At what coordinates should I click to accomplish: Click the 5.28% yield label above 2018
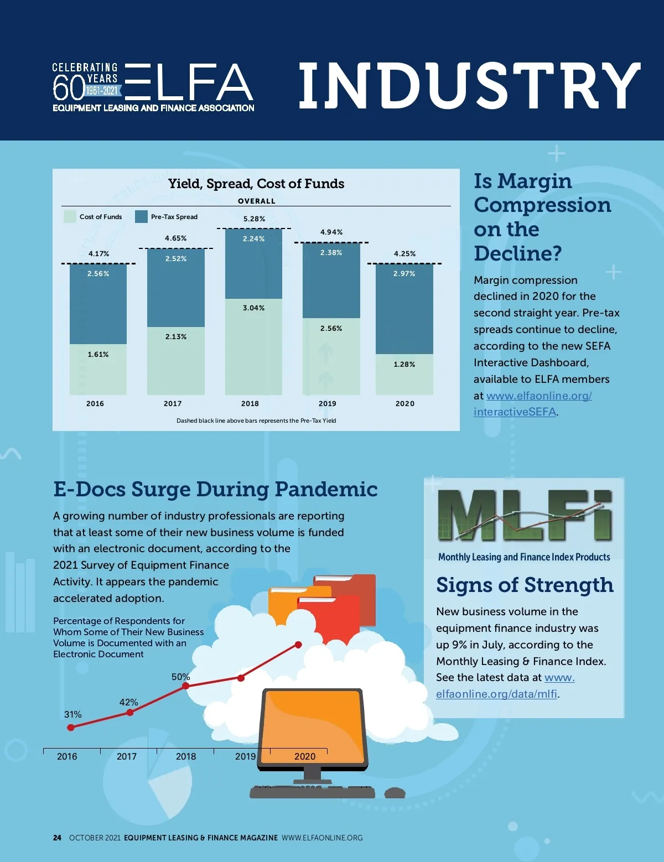coord(254,219)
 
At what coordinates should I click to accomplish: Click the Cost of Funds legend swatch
coord(70,216)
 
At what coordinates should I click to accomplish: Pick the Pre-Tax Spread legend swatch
coord(141,216)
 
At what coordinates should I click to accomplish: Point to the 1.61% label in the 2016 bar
coord(98,355)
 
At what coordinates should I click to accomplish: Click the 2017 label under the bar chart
coord(173,403)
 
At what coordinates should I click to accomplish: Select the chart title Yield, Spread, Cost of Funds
coord(256,184)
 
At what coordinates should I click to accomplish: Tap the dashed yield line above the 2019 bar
coord(331,242)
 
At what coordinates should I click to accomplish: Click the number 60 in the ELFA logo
coord(68,87)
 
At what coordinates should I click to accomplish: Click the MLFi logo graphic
coord(525,516)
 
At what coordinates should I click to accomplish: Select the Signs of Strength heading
coord(525,585)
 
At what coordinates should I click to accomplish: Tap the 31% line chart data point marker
coord(70,728)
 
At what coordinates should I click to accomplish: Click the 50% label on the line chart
coord(180,677)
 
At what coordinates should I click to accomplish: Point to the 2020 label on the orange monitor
coord(305,756)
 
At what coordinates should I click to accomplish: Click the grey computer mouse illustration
coord(395,793)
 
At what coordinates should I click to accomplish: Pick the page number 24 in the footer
coord(57,838)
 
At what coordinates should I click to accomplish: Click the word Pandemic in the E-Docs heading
coord(326,489)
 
